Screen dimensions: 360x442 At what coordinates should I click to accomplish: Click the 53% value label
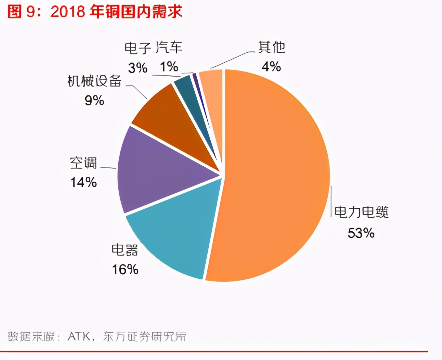pyautogui.click(x=361, y=233)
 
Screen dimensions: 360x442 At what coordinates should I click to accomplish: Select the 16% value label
pyautogui.click(x=125, y=269)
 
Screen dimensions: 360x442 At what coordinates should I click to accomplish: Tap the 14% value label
pyautogui.click(x=84, y=182)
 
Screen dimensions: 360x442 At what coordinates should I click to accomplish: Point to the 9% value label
pyautogui.click(x=94, y=100)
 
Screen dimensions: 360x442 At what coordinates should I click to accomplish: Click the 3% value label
pyautogui.click(x=137, y=68)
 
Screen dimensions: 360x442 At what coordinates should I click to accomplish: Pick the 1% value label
pyautogui.click(x=169, y=67)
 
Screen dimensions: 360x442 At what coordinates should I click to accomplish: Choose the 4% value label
pyautogui.click(x=271, y=67)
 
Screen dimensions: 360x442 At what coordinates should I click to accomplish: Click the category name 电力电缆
pyautogui.click(x=361, y=212)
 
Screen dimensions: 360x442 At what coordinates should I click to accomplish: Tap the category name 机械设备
pyautogui.click(x=94, y=81)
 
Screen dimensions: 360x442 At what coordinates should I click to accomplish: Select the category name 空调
pyautogui.click(x=84, y=163)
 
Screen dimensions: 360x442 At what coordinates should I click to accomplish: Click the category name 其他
pyautogui.click(x=272, y=47)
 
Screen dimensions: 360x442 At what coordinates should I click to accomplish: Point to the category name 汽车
pyautogui.click(x=169, y=48)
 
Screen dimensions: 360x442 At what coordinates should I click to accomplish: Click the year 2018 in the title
pyautogui.click(x=68, y=12)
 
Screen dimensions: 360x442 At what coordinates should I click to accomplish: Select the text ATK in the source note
pyautogui.click(x=79, y=336)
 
